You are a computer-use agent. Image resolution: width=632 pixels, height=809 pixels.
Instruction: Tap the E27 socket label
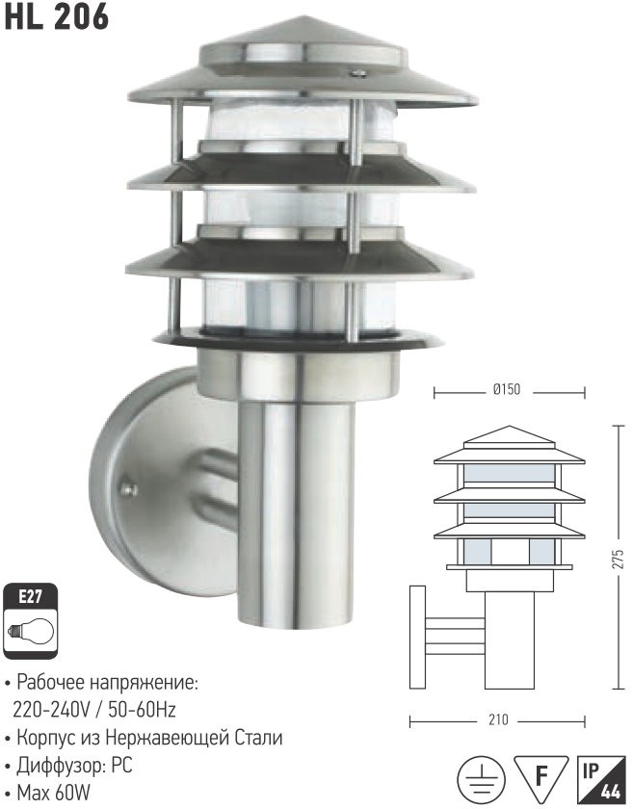[x=30, y=597]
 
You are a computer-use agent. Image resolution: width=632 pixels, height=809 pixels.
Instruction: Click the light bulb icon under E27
[x=31, y=631]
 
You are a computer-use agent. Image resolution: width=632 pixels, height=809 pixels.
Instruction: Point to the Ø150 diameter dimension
[x=506, y=390]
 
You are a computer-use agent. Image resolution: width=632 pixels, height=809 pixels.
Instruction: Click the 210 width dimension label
[x=498, y=719]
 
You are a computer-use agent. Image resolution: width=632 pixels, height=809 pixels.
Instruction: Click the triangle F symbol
[x=540, y=775]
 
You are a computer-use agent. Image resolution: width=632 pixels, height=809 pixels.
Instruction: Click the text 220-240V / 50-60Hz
[x=93, y=711]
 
